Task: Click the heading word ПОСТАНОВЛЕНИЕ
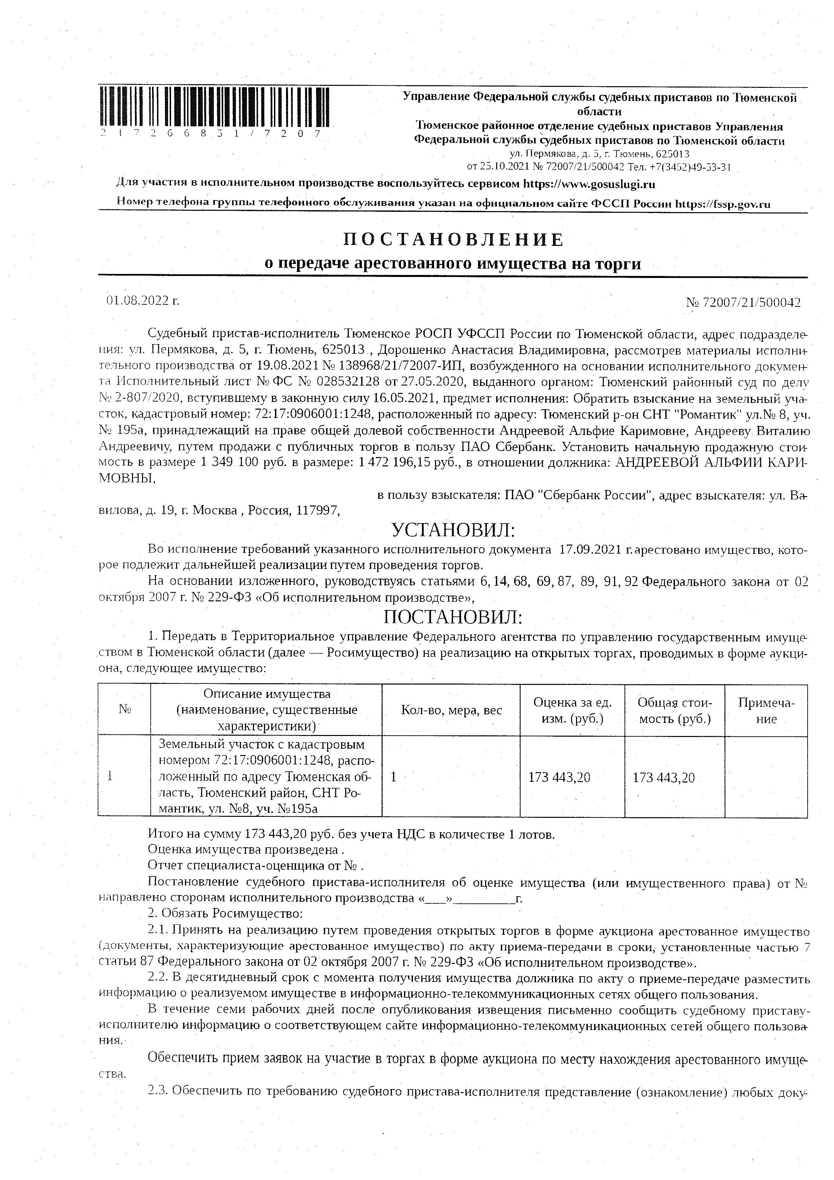(453, 240)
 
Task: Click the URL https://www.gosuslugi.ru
(589, 184)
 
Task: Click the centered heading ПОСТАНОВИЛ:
(453, 617)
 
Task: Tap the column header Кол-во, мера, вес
(451, 710)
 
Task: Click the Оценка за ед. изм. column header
(572, 710)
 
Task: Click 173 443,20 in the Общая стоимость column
(663, 777)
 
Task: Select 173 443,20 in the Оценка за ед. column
(559, 777)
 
